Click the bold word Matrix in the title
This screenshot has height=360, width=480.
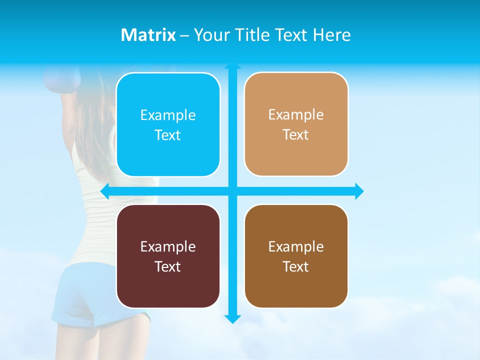point(148,35)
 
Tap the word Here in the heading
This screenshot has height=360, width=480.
point(331,35)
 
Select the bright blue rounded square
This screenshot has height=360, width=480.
point(168,124)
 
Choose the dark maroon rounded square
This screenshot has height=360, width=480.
point(168,256)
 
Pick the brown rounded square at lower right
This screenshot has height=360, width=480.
point(296,256)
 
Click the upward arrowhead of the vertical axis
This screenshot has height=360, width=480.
point(232,65)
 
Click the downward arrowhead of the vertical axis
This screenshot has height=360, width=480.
point(232,319)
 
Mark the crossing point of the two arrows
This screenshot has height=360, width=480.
point(232,191)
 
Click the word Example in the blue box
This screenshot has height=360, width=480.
point(168,115)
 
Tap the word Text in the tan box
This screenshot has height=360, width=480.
point(296,135)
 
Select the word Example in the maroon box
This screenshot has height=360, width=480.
point(168,247)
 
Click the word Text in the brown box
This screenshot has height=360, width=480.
point(296,266)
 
